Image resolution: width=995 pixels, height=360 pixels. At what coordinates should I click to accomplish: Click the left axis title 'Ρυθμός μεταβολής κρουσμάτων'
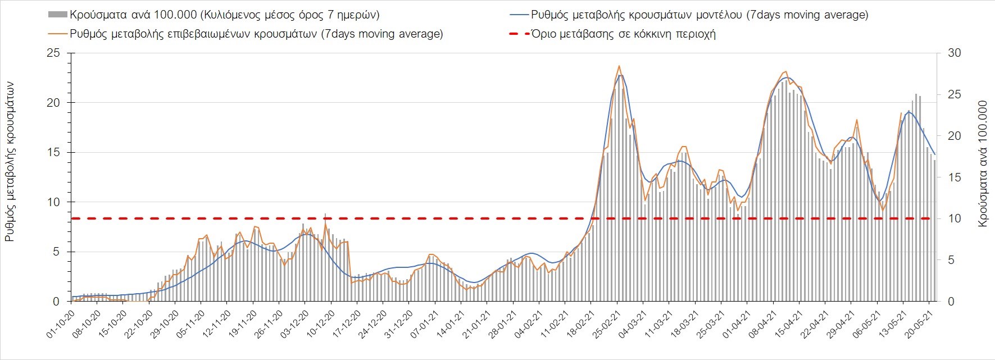pos(10,162)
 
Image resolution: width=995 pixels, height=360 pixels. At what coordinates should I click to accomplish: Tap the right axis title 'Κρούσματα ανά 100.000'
pos(983,164)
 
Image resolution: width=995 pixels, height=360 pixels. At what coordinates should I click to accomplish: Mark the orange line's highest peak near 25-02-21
pos(619,66)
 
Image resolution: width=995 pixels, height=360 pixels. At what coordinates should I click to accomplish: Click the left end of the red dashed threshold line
pos(73,218)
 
